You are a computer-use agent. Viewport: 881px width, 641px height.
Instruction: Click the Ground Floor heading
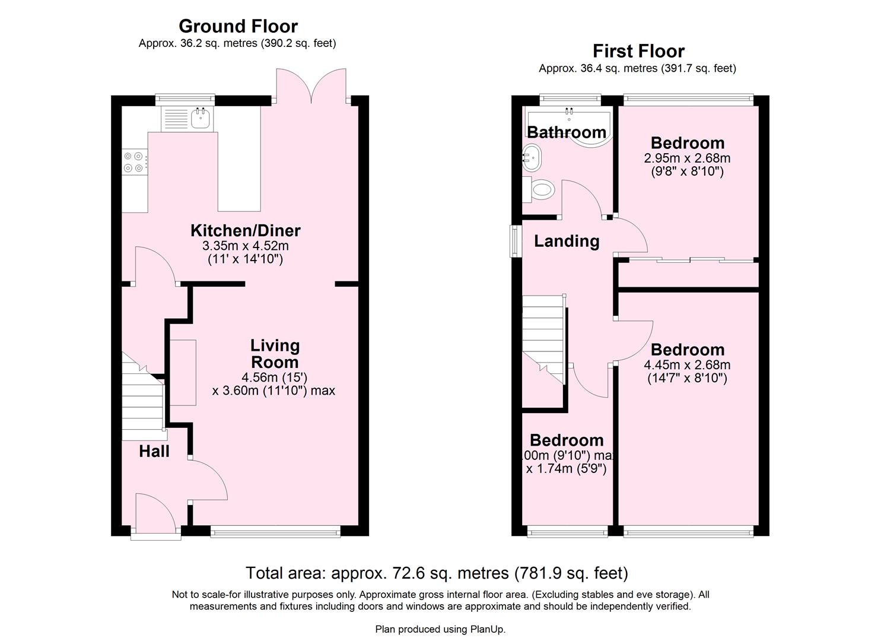(238, 26)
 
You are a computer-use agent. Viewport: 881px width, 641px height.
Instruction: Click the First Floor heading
(638, 51)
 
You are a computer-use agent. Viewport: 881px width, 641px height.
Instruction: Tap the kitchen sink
(199, 118)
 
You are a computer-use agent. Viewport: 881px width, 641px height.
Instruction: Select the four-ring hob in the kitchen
(133, 162)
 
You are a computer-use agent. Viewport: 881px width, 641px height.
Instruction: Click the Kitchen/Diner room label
(245, 230)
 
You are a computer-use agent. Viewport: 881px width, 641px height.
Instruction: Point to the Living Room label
(275, 354)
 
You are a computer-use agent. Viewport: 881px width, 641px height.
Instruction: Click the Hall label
(154, 452)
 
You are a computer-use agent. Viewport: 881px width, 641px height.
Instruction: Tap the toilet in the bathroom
(542, 190)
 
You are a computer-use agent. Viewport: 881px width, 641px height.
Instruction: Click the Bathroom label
(567, 132)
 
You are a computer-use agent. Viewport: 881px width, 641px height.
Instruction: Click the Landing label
(567, 241)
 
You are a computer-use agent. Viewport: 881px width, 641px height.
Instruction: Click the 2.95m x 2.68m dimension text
(687, 158)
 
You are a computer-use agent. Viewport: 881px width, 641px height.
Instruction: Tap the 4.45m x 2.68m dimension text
(687, 365)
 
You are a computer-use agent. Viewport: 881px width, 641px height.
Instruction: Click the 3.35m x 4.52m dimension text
(245, 246)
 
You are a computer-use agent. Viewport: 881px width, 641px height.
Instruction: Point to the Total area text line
(437, 573)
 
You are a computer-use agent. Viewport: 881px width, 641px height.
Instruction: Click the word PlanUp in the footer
(487, 629)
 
